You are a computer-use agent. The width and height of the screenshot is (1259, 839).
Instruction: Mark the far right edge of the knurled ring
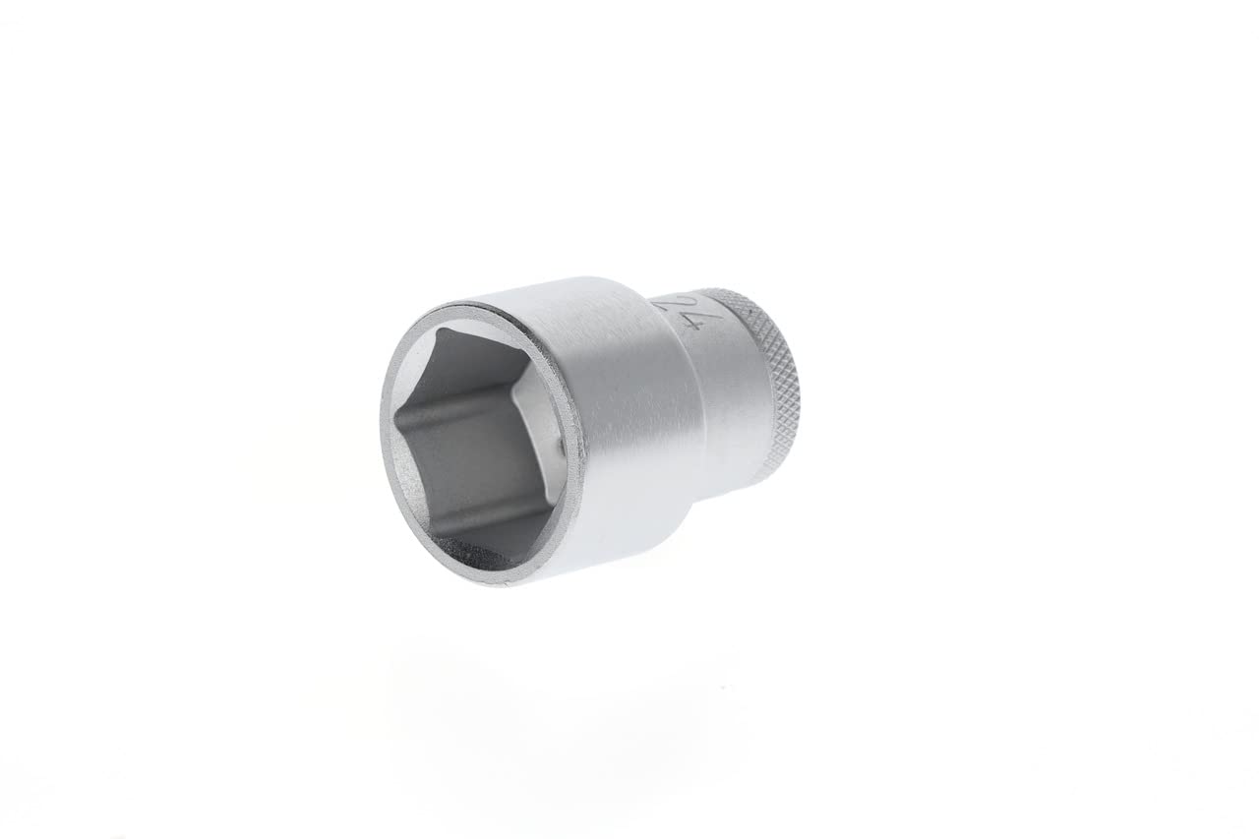[798, 393]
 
